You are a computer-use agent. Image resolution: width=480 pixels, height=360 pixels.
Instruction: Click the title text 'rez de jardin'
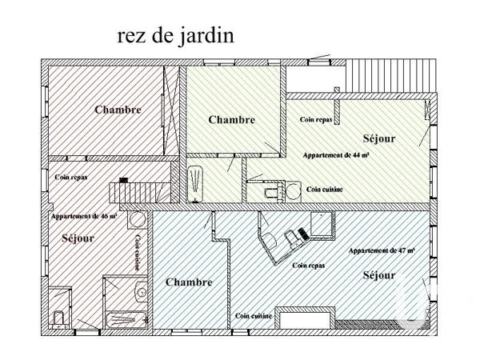(x=175, y=36)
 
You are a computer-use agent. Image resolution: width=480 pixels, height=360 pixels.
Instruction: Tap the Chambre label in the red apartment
(x=118, y=110)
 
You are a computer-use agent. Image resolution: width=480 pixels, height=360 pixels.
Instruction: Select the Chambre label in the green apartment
(x=231, y=119)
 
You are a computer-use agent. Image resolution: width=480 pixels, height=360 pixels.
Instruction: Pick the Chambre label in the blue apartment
(x=189, y=282)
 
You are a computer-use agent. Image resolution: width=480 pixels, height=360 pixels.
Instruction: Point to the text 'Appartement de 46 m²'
(x=84, y=217)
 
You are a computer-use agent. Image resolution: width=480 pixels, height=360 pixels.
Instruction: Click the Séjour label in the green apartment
(x=378, y=138)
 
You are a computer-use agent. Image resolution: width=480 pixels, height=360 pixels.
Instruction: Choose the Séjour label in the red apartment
(x=78, y=238)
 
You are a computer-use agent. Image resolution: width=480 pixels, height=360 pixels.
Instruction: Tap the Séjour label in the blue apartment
(x=378, y=275)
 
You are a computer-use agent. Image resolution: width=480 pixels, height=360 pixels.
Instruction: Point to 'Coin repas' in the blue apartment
(x=309, y=265)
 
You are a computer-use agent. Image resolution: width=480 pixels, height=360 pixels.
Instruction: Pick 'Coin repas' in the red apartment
(x=71, y=178)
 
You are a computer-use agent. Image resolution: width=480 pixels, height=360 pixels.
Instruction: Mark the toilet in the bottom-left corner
(x=58, y=318)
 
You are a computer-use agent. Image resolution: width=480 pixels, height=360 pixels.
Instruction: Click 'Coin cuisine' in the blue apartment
(x=254, y=316)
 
